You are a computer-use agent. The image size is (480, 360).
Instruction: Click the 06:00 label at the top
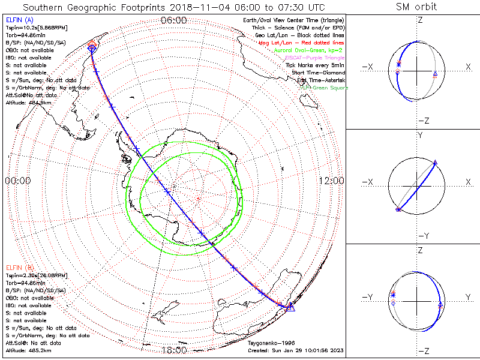[174, 20]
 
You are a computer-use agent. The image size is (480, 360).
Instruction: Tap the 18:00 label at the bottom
[174, 350]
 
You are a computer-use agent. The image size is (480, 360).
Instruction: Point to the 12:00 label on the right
[331, 181]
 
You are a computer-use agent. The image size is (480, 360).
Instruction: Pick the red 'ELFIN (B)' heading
[18, 267]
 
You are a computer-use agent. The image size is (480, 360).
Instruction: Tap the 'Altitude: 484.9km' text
[29, 103]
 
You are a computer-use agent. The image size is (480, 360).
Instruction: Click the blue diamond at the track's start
[92, 50]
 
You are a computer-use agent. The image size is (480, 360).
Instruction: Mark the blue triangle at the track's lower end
[290, 307]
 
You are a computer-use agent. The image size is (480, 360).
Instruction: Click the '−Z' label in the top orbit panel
[422, 121]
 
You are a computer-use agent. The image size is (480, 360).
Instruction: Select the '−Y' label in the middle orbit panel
[422, 236]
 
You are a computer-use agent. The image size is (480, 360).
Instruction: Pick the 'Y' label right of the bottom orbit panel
[467, 296]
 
